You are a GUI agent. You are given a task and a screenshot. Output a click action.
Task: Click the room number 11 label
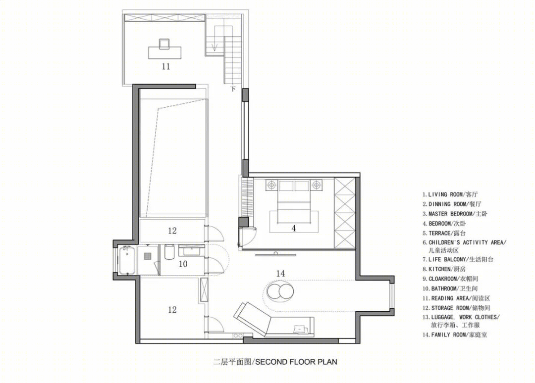166,66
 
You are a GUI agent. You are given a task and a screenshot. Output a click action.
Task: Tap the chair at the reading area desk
164,44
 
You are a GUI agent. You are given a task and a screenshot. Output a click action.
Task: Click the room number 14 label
280,273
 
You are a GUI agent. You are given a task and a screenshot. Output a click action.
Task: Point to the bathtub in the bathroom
127,260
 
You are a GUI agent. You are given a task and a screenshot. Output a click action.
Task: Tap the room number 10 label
183,264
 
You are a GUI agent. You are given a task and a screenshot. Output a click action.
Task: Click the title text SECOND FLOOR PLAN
296,362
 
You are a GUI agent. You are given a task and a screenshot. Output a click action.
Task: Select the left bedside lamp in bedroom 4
271,185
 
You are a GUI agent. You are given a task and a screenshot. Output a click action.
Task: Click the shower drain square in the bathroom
148,255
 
